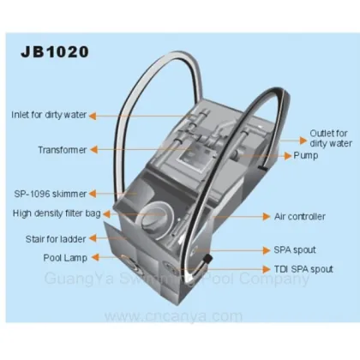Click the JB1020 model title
(x=55, y=52)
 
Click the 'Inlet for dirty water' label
(x=49, y=115)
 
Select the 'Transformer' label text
(x=63, y=150)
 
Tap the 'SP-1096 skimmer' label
(x=51, y=194)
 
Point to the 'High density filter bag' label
(x=57, y=213)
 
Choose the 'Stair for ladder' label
(x=56, y=239)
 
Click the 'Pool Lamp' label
(x=65, y=258)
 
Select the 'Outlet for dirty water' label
(x=331, y=138)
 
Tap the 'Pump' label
(x=306, y=156)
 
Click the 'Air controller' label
(x=300, y=217)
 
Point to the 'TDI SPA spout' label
(x=303, y=269)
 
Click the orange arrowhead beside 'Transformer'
(x=93, y=150)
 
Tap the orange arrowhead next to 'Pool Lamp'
(x=95, y=257)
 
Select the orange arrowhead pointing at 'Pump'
(x=288, y=156)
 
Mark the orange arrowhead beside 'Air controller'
(x=267, y=217)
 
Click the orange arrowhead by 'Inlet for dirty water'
(x=93, y=116)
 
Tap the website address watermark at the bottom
(x=173, y=316)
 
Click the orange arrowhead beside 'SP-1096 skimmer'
(x=93, y=194)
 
